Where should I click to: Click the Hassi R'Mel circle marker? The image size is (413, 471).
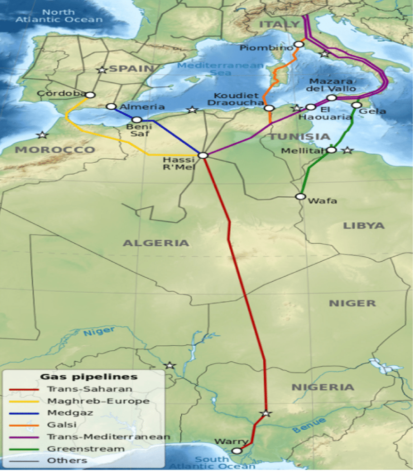(203, 155)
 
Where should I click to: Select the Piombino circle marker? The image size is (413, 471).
(299, 44)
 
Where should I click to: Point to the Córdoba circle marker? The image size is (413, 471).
(90, 95)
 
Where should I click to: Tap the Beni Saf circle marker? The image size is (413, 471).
(137, 119)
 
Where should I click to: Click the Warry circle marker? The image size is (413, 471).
(237, 451)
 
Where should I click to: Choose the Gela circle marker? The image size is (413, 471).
(357, 105)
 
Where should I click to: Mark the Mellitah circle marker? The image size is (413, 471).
(331, 150)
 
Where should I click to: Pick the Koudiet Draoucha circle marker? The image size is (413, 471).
(270, 108)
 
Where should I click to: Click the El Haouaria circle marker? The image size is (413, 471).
(310, 107)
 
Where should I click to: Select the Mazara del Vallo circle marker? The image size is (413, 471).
(331, 98)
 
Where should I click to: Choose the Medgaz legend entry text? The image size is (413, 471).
(63, 413)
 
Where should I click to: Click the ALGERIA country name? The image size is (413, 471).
(155, 243)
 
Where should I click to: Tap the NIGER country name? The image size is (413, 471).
(352, 303)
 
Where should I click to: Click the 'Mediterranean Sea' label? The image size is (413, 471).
(221, 69)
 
